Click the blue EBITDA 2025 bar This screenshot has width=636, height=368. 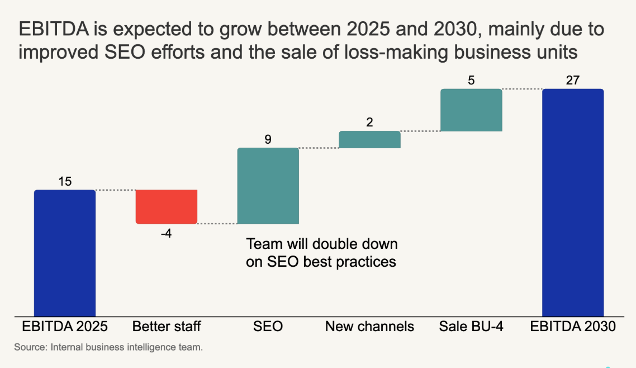(x=65, y=253)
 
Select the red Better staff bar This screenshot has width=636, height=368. (x=167, y=206)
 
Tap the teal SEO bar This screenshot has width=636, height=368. (x=268, y=186)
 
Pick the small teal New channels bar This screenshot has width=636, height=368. (x=369, y=139)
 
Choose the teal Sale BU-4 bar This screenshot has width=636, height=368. (x=471, y=110)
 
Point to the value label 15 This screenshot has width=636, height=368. (x=65, y=182)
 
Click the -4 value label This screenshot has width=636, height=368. (x=166, y=233)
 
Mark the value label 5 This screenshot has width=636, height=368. (x=471, y=81)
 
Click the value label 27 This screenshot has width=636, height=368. (x=573, y=81)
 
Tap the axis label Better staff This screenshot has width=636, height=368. (x=167, y=326)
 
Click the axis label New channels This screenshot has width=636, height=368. (x=369, y=326)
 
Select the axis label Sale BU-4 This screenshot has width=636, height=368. (x=471, y=326)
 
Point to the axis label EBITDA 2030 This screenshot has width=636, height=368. (x=573, y=326)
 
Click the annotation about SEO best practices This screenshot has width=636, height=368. (x=321, y=253)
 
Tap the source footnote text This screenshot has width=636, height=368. (x=108, y=347)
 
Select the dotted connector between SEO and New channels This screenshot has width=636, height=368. (x=319, y=148)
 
